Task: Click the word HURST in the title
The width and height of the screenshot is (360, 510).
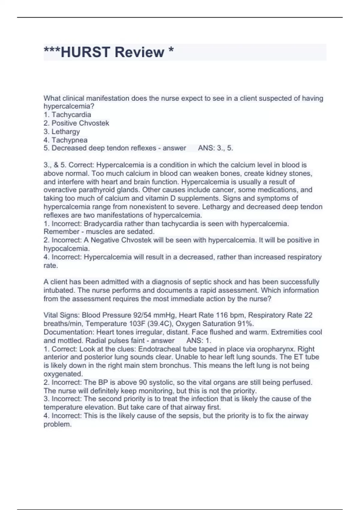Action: (x=85, y=52)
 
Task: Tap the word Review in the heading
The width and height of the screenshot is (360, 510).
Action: (x=139, y=52)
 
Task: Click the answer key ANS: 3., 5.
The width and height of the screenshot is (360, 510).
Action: (x=215, y=148)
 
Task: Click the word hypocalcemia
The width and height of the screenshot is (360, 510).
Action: (x=66, y=248)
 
